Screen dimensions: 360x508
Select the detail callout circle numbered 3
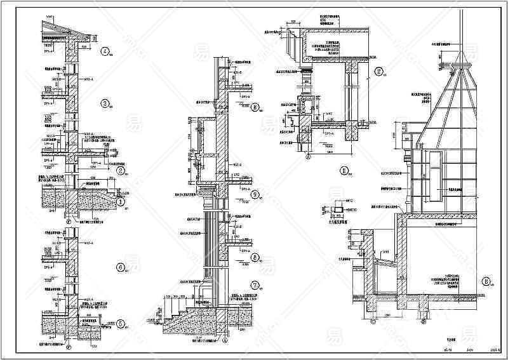[104, 103]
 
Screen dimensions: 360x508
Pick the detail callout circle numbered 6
[119, 267]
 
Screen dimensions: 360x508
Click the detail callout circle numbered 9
[254, 195]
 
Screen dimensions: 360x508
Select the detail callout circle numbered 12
[378, 72]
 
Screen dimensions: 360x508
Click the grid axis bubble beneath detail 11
[308, 154]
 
